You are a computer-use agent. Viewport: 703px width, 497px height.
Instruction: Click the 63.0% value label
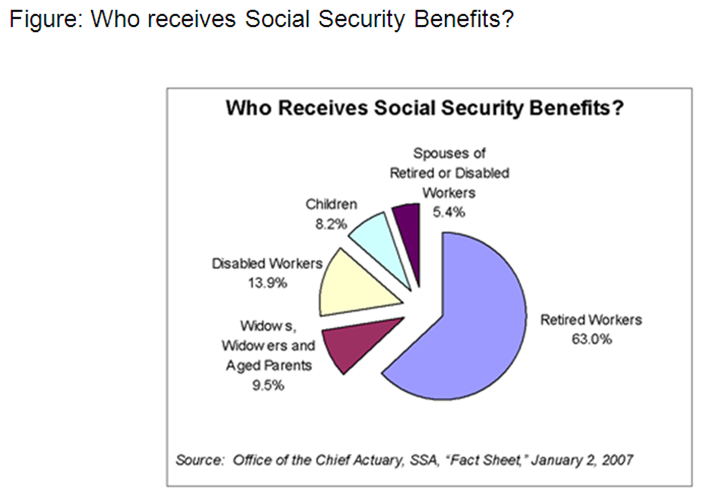pos(591,340)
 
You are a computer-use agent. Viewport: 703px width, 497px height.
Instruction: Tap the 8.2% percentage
pos(331,224)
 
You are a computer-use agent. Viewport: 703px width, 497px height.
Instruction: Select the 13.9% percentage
pos(268,283)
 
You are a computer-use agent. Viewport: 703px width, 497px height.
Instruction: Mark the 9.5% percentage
pos(268,385)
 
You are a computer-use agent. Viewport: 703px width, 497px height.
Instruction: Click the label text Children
pos(331,204)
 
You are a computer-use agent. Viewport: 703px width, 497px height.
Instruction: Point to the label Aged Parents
pos(269,366)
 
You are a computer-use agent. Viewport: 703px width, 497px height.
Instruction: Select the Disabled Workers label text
pos(268,263)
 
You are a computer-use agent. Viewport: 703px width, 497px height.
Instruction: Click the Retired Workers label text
pos(591,319)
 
